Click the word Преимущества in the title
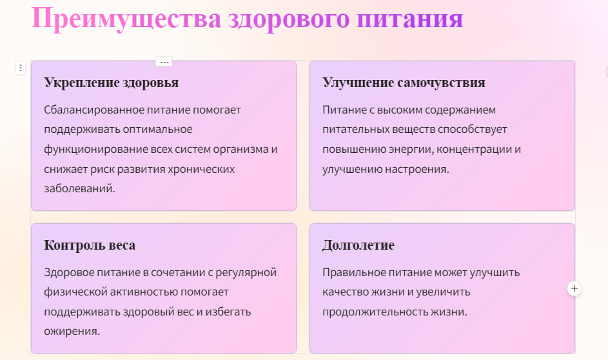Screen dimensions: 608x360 tap(126, 19)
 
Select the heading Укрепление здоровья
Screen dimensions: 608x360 tap(112, 83)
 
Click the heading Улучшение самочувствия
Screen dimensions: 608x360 tap(404, 83)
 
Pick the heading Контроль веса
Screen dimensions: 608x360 tap(90, 245)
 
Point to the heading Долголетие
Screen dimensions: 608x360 tap(358, 245)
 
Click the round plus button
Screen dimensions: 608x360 tap(574, 288)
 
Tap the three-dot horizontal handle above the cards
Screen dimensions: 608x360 tap(164, 62)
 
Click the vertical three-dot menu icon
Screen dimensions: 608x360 tap(21, 68)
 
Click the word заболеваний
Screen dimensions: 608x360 tap(79, 188)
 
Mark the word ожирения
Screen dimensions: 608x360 tap(72, 332)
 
